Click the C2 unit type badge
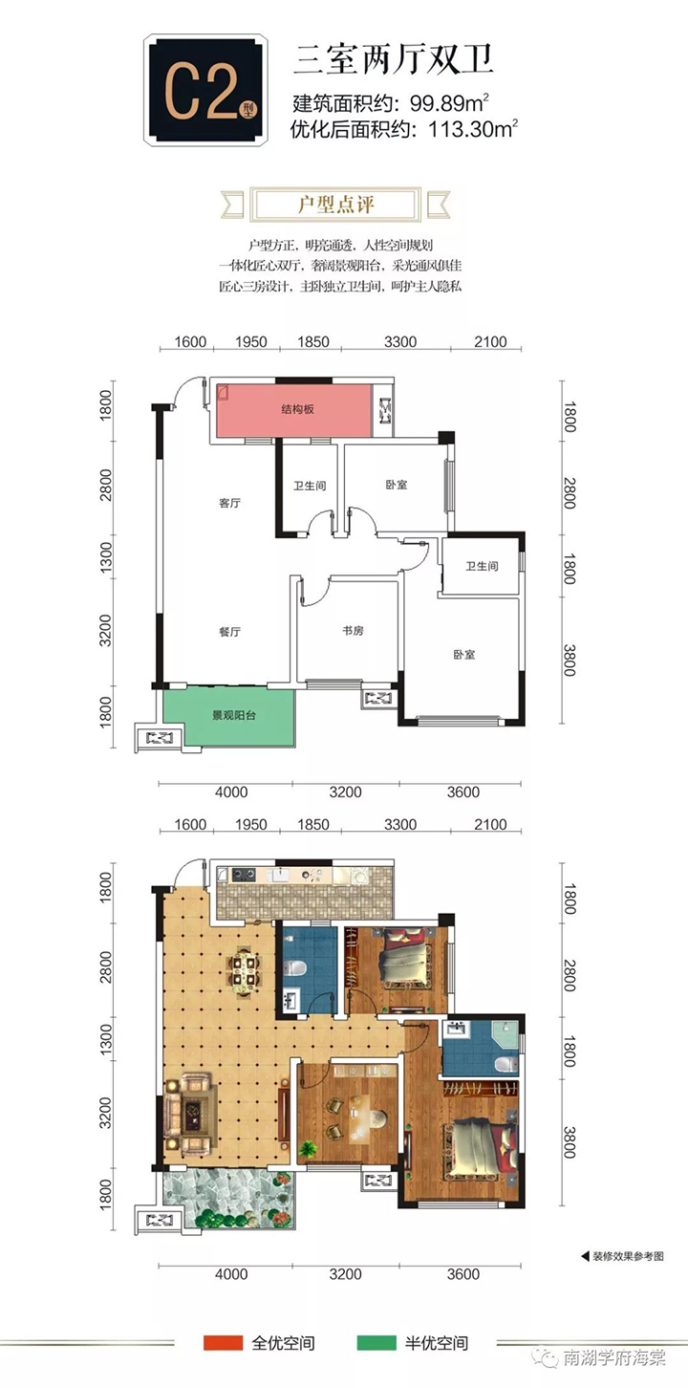(x=206, y=91)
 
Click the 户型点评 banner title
(x=335, y=204)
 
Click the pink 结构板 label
(x=298, y=409)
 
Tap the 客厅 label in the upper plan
(x=229, y=503)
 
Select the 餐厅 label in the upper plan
(x=229, y=632)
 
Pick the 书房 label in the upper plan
(x=353, y=631)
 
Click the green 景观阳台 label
(x=234, y=715)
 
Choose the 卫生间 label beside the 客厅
(x=310, y=486)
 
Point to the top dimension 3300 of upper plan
(x=400, y=341)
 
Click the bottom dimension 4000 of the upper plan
(x=231, y=792)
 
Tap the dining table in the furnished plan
(x=246, y=971)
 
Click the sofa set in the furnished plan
(x=190, y=1113)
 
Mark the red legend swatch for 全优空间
(x=223, y=1343)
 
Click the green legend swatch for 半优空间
(x=376, y=1343)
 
